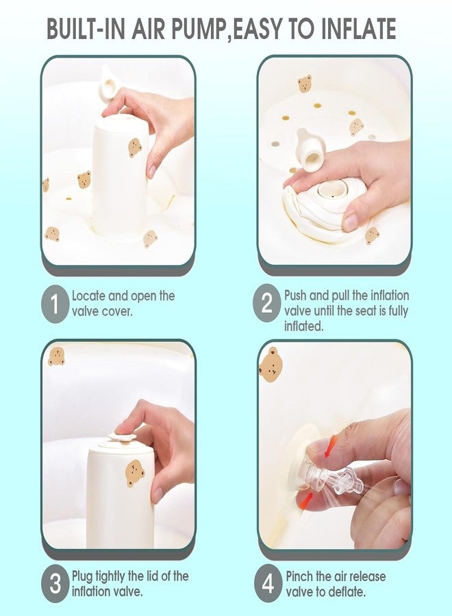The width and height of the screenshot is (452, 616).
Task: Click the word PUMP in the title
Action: pos(192,28)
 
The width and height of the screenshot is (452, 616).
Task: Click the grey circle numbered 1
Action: pos(55,305)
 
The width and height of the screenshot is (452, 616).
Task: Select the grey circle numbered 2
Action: pos(267,304)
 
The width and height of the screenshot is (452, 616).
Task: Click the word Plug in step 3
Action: pos(82,576)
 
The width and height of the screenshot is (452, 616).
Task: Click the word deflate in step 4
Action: pos(345,591)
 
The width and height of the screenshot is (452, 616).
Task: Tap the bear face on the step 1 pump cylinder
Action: pos(135,147)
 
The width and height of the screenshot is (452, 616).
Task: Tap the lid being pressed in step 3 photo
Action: pos(121,437)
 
